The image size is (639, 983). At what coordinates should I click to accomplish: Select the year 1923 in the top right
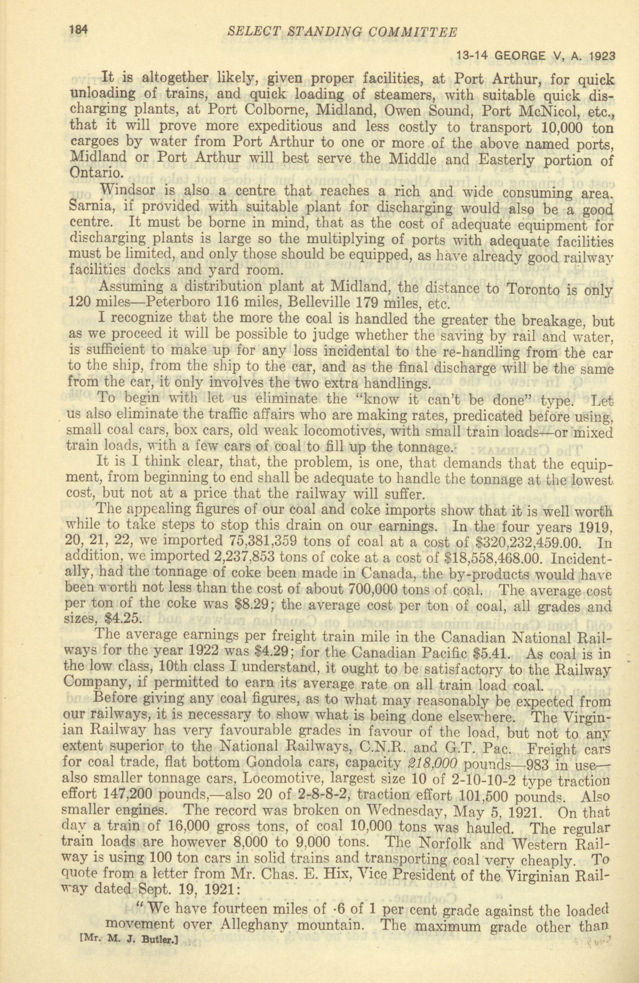tap(601, 56)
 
